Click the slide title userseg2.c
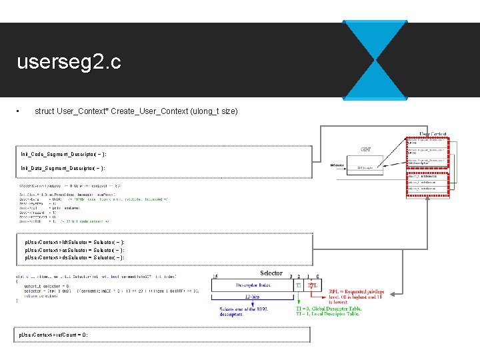[69, 63]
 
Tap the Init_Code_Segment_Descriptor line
[63, 154]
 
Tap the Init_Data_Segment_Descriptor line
[63, 169]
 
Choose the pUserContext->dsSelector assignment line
[75, 257]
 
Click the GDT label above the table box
[366, 149]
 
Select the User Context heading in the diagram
[433, 134]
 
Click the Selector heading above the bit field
[271, 273]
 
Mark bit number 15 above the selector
[214, 277]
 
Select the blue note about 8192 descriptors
[247, 311]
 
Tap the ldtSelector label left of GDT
[338, 164]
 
